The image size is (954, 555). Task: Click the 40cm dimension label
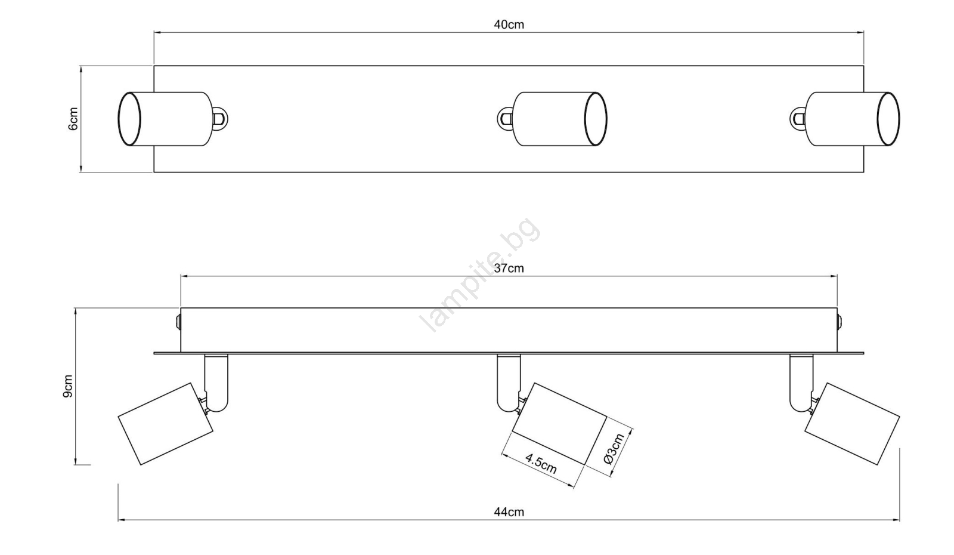click(509, 24)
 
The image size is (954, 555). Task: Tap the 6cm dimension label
click(73, 119)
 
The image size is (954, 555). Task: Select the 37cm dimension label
click(509, 269)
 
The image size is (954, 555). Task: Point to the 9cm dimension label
click(68, 386)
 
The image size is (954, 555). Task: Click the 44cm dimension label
click(509, 512)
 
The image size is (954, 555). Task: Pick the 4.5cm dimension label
click(541, 464)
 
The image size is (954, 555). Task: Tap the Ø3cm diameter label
click(614, 448)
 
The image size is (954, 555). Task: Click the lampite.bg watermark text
click(480, 275)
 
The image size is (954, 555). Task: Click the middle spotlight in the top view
click(552, 119)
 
